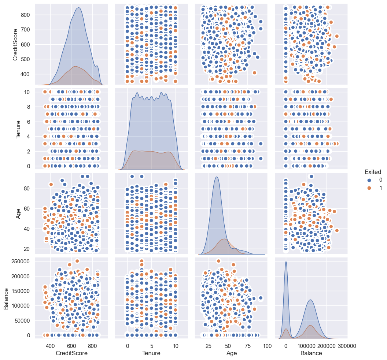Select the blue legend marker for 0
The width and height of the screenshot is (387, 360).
[369, 180]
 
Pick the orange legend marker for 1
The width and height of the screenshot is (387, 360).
[369, 188]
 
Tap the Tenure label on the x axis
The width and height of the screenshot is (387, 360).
[151, 353]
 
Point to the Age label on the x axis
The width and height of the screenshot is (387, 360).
[232, 353]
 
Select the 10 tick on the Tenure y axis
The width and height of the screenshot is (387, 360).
[28, 92]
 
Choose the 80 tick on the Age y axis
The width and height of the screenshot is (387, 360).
[27, 188]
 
